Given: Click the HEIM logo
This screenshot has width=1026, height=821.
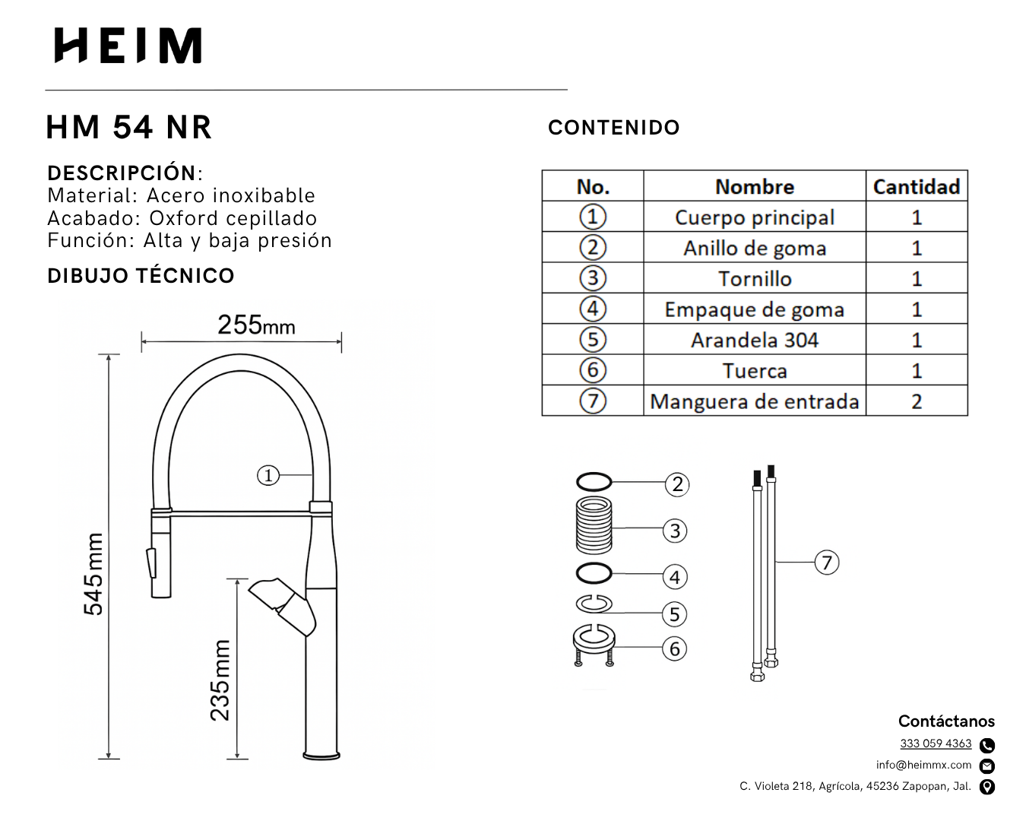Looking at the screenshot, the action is coord(128,46).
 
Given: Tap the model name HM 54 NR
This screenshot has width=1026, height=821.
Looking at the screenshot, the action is coord(128,128).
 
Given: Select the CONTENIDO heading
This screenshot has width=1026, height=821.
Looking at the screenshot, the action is coord(613,128).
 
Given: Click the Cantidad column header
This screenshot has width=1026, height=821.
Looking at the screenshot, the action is coord(917,186).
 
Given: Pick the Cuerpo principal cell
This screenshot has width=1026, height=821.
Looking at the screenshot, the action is coord(754,217).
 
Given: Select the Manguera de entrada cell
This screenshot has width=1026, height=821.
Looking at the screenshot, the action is coord(754,401).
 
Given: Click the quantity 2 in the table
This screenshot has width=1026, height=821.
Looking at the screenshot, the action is coord(917,401).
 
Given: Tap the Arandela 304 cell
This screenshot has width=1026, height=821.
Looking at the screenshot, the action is coord(754,340).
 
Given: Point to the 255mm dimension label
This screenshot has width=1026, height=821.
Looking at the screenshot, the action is coord(256,325).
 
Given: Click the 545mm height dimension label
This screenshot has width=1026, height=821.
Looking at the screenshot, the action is coord(93,574).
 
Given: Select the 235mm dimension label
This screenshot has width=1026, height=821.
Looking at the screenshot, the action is coord(220,680).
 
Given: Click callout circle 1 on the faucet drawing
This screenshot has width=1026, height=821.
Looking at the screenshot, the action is coord(268,475).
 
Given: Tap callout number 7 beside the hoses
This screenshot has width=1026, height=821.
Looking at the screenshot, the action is coord(827,562).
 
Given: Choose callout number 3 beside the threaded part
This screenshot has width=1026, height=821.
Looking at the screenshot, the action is coord(675,531).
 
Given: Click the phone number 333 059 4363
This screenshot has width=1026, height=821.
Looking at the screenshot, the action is coord(936,743).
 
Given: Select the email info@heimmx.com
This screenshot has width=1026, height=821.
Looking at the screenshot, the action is coord(923,765).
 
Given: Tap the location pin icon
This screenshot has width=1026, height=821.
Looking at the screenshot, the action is coord(987,787).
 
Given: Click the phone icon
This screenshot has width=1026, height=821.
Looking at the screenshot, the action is coord(987,745).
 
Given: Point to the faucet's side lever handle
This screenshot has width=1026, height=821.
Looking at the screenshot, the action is coord(282,607).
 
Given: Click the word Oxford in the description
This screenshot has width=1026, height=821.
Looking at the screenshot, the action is coord(184,218).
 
